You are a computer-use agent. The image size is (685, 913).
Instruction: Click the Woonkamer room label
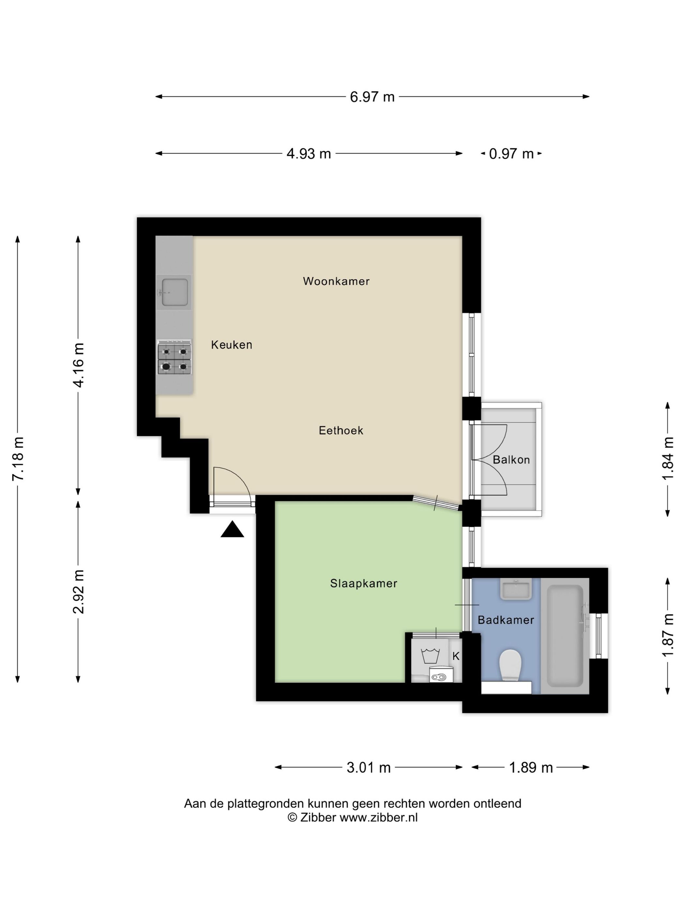click(336, 281)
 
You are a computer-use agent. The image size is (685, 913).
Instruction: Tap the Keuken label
click(231, 345)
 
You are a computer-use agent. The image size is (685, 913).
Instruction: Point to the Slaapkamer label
click(363, 583)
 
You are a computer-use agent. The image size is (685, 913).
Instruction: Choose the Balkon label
click(511, 459)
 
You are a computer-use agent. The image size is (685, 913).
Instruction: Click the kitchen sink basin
click(174, 292)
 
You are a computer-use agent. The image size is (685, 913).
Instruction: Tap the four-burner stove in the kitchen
click(174, 357)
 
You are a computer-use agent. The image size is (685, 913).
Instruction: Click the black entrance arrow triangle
click(232, 529)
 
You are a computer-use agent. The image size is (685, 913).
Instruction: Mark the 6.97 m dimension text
click(372, 97)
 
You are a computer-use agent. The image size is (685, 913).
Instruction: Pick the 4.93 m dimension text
click(309, 154)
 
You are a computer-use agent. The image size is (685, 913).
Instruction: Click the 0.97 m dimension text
click(511, 154)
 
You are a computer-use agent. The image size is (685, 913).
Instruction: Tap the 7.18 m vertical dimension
click(19, 458)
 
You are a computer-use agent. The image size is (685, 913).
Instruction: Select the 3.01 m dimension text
click(368, 768)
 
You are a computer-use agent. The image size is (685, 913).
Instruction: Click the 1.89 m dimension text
click(531, 768)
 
